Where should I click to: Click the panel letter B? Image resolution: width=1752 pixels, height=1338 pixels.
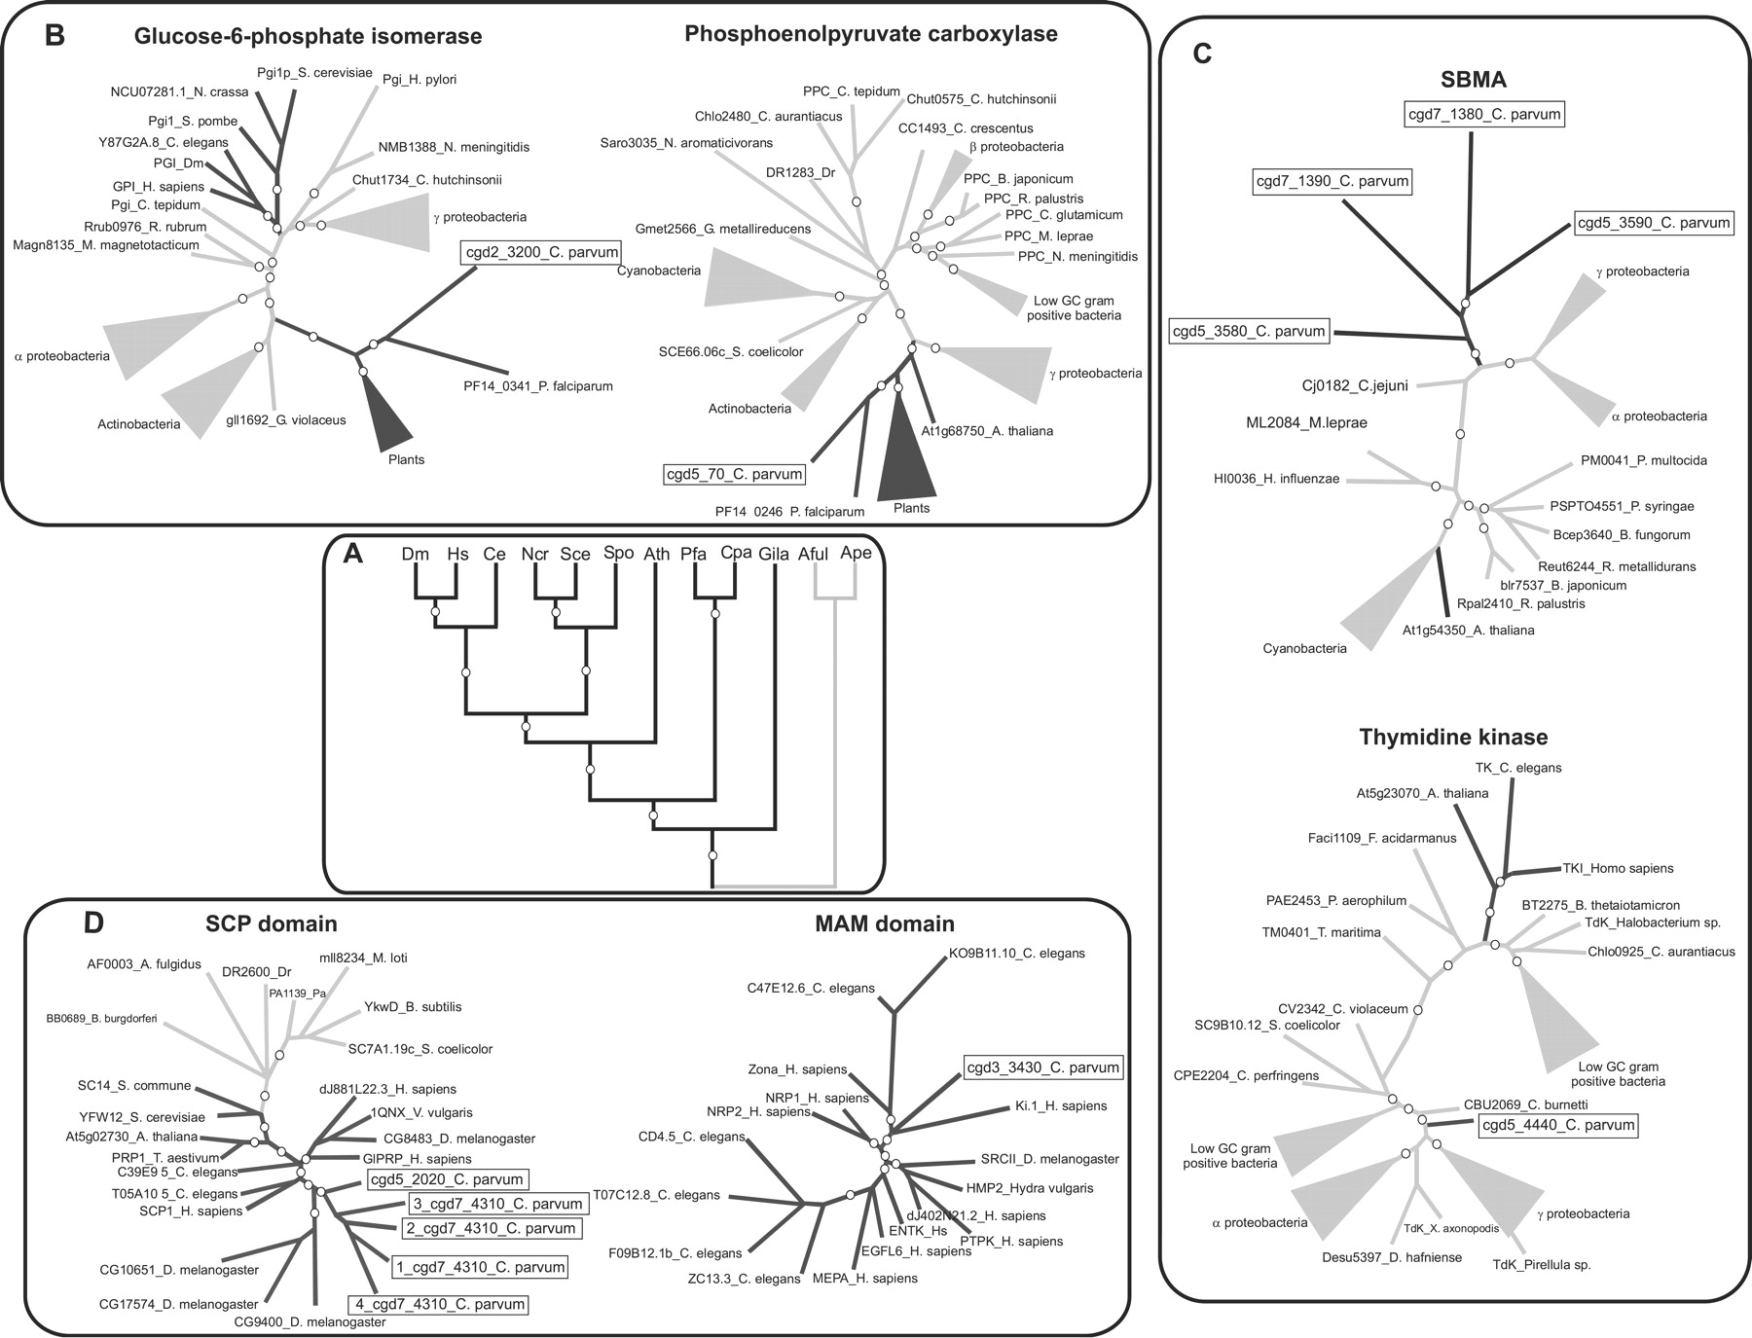click(55, 36)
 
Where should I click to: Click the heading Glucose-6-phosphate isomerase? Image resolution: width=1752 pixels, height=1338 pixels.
click(309, 37)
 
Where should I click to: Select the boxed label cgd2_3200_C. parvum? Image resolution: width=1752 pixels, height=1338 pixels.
click(540, 253)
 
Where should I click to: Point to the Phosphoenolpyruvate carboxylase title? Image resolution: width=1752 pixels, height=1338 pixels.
click(871, 34)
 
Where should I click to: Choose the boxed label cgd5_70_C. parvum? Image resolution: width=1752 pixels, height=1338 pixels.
click(735, 475)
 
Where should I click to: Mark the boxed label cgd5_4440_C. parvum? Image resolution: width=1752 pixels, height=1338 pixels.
click(1557, 1126)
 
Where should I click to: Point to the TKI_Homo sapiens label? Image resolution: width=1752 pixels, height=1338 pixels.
click(1604, 868)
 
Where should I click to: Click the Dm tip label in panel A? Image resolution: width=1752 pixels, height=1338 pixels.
click(416, 554)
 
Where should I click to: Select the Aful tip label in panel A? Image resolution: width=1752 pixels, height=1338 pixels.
click(813, 554)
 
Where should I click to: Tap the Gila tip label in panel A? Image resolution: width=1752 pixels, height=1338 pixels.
click(774, 554)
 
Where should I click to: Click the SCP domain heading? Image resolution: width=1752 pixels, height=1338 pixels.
click(272, 923)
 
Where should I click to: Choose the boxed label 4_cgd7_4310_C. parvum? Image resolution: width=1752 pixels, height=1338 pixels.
click(438, 1304)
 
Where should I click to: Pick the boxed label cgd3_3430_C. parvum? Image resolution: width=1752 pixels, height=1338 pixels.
click(1042, 1067)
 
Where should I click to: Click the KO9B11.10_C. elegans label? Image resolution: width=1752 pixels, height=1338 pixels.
click(1016, 953)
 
